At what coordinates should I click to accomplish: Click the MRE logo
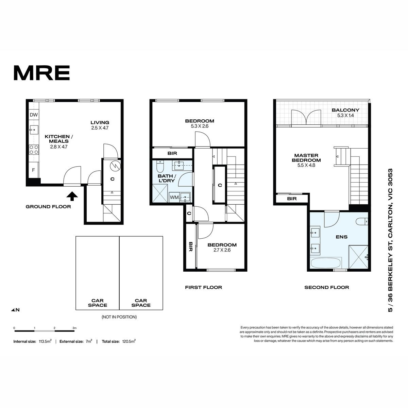pos(42,73)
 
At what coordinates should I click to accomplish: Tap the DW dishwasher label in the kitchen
pos(34,115)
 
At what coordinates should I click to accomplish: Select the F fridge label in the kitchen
pos(33,170)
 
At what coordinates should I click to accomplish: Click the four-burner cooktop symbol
pos(34,149)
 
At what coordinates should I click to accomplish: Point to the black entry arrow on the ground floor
pos(72,196)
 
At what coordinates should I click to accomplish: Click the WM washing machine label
pos(174,197)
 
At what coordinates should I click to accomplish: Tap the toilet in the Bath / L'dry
pos(160,166)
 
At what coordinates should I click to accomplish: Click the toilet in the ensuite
pos(362,222)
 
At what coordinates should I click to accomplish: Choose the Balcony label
pos(345,110)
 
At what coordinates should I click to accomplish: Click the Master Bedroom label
pos(306,158)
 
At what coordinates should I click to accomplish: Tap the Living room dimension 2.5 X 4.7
pos(100,128)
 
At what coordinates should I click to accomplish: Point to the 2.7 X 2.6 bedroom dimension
pos(222,250)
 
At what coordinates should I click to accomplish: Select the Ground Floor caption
pos(48,207)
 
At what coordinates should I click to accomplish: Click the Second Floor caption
pos(327,287)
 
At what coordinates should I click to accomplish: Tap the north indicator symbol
pos(15,310)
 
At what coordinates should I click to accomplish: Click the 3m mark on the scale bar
pos(74,328)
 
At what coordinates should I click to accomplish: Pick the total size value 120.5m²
pos(129,341)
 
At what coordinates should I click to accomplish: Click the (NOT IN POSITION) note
pos(119,317)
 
